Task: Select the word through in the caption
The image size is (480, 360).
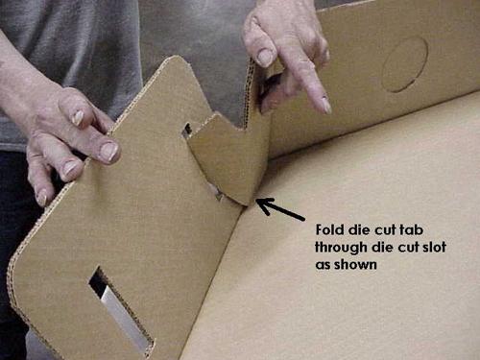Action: coord(341,247)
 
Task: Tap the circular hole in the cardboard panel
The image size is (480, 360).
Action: coord(404,64)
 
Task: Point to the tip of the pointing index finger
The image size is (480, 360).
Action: coord(324,105)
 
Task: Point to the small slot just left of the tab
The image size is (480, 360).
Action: coord(186,130)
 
